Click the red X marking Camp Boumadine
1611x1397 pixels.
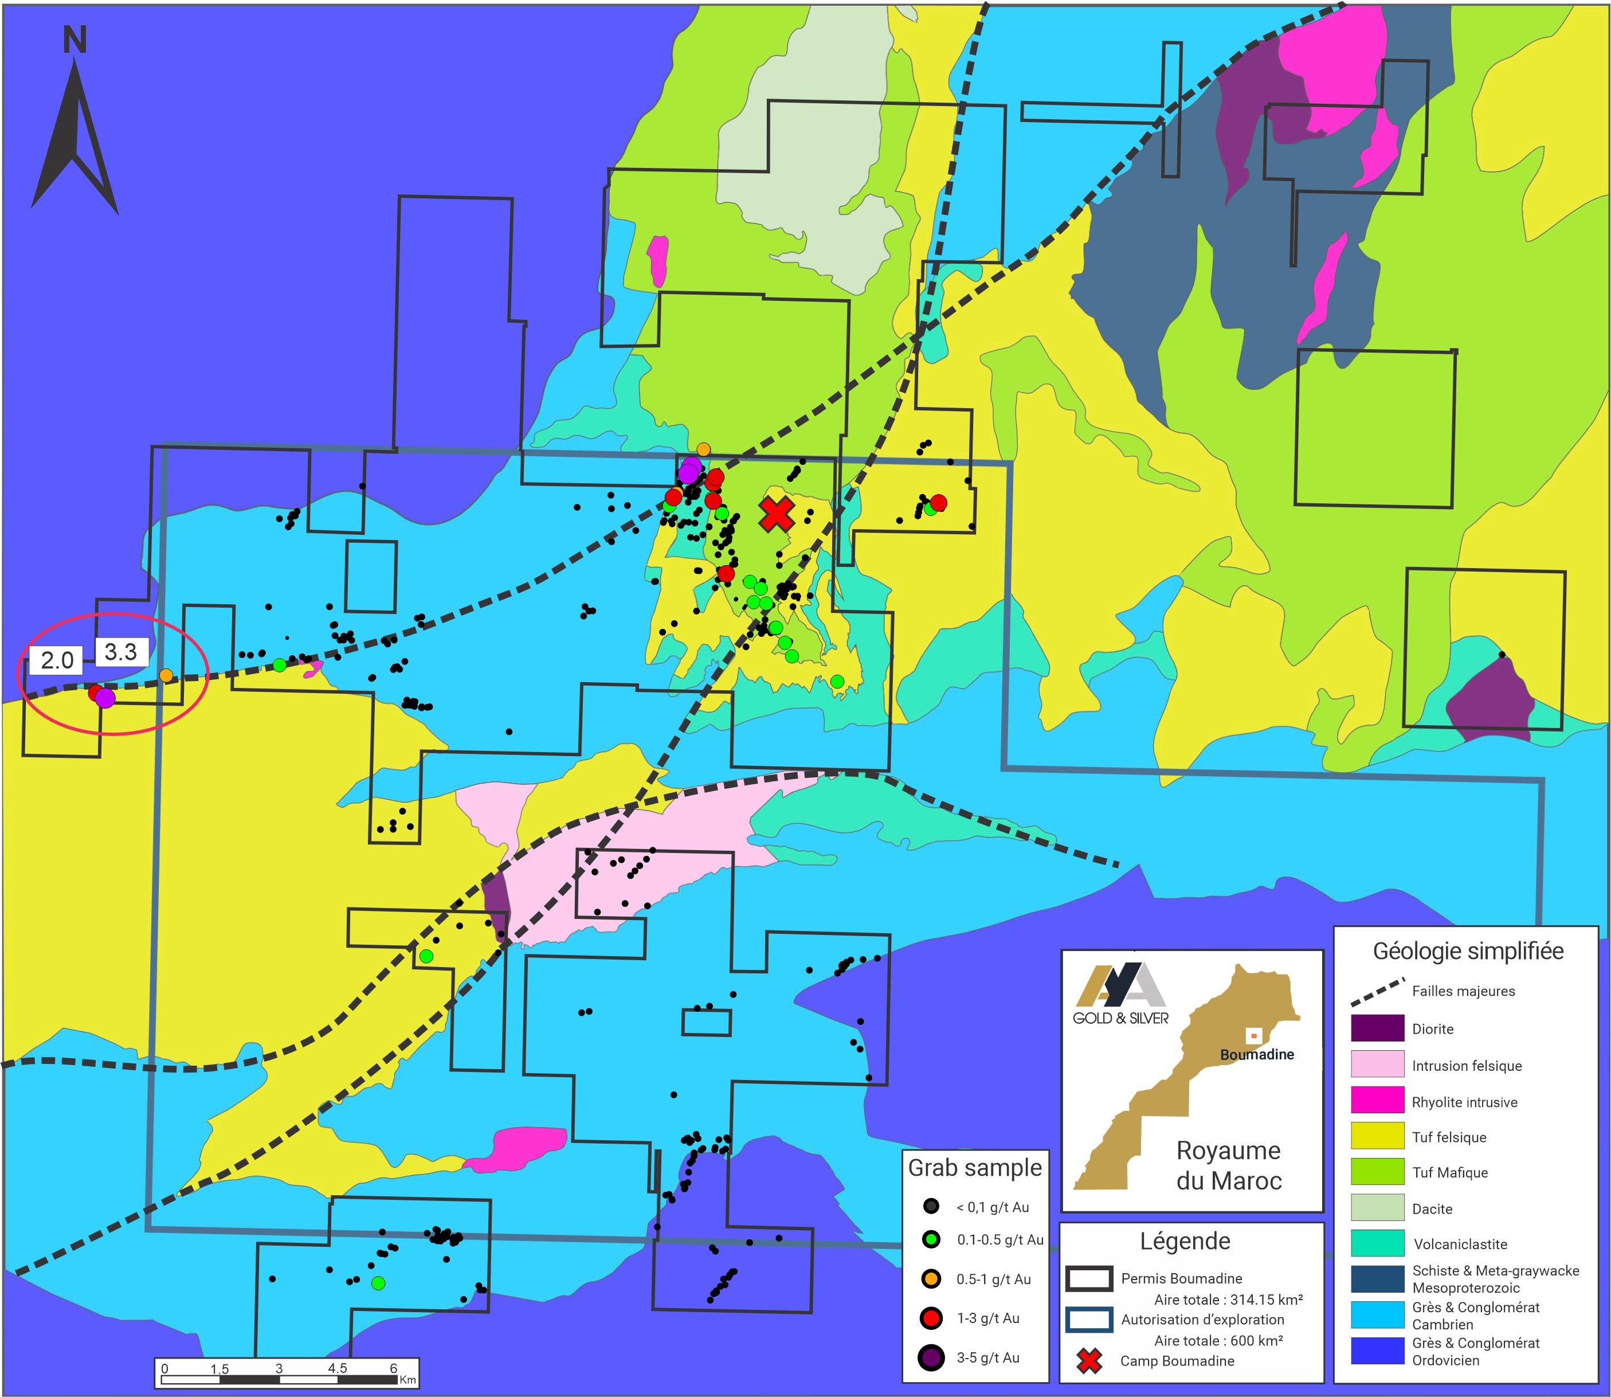[x=777, y=514]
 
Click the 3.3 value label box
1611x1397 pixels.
[x=121, y=652]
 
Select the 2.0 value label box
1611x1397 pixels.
[x=56, y=661]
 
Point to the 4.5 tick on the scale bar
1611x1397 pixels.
[x=336, y=1368]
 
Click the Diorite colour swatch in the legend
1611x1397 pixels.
[x=1377, y=1028]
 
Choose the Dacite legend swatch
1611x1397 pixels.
[x=1377, y=1208]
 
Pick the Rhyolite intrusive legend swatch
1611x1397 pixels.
[x=1377, y=1102]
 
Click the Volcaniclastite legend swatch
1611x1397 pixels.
[x=1377, y=1244]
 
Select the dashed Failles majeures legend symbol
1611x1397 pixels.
[x=1377, y=991]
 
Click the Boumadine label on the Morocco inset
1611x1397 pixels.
[x=1256, y=1055]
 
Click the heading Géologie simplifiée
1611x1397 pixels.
[x=1468, y=951]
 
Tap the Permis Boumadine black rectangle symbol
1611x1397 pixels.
[x=1089, y=1278]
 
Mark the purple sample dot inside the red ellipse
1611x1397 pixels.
[x=105, y=698]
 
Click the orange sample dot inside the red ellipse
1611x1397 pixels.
[x=166, y=675]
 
